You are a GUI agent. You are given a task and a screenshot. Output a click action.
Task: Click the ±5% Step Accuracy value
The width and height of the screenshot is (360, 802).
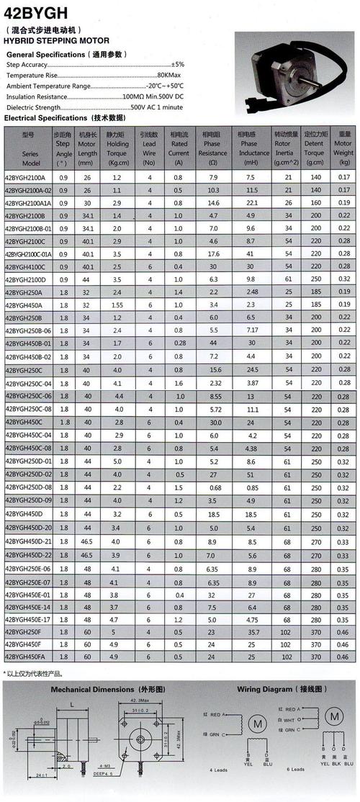click(178, 65)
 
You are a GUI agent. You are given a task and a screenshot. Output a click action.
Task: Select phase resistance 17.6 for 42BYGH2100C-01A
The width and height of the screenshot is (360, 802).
click(213, 254)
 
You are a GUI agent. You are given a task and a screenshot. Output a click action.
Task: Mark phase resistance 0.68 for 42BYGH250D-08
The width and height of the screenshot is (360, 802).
click(213, 487)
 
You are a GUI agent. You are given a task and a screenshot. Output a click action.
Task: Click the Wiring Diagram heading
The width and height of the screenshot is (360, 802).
click(282, 688)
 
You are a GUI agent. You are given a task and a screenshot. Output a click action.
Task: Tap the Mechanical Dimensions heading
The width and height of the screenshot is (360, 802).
click(99, 688)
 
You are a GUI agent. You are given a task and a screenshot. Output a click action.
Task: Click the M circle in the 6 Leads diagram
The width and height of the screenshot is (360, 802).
click(333, 716)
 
